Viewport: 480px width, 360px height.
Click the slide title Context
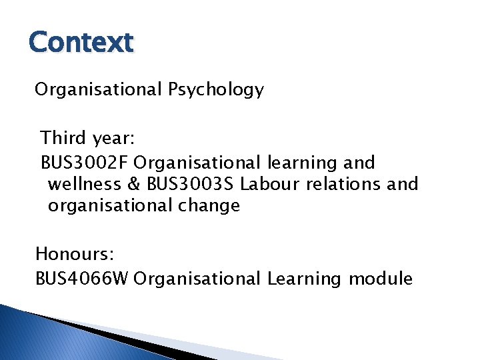[81, 43]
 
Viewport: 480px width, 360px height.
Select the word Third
[63, 138]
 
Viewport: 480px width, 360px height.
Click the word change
[209, 206]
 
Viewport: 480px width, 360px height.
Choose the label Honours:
[75, 254]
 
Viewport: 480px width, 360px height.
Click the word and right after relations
[403, 183]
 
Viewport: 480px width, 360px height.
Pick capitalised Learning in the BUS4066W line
[304, 279]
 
